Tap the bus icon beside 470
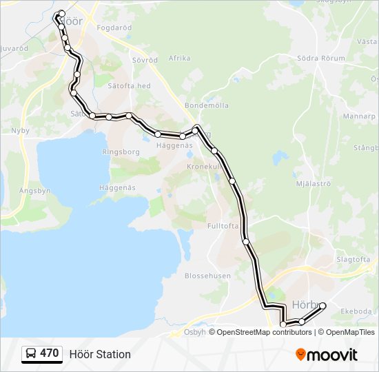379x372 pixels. [31, 354]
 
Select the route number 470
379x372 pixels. [49, 354]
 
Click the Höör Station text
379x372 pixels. [100, 354]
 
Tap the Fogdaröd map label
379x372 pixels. [114, 28]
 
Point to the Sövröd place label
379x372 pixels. [144, 60]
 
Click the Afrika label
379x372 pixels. [179, 59]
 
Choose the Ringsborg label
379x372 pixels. [121, 151]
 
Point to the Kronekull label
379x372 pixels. [204, 167]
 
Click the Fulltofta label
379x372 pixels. [223, 225]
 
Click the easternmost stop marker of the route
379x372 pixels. [322, 305]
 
